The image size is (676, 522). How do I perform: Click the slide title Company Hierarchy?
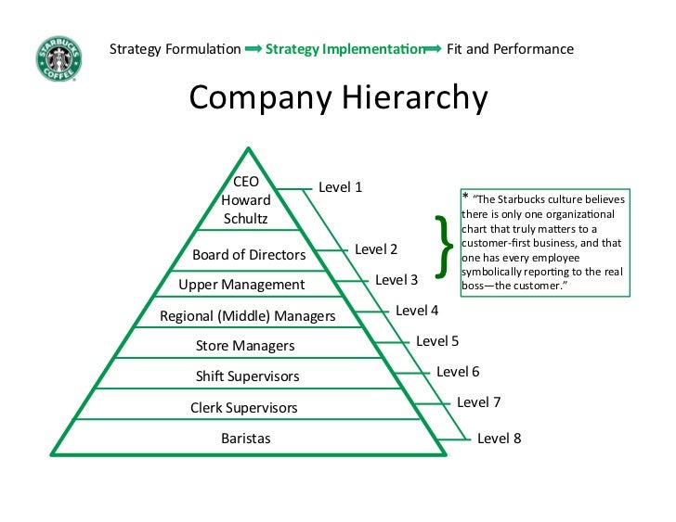click(x=338, y=98)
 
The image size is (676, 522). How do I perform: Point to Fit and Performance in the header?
click(x=510, y=48)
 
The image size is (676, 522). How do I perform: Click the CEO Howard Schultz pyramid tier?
click(x=246, y=200)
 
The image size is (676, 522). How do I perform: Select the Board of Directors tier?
click(x=249, y=254)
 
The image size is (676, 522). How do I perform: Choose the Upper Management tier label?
click(x=240, y=285)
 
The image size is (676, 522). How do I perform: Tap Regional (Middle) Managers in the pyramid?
click(x=247, y=316)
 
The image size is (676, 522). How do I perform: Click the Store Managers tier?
click(x=245, y=346)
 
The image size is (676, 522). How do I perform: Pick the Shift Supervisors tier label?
click(x=247, y=376)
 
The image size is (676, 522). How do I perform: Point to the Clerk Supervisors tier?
click(x=244, y=407)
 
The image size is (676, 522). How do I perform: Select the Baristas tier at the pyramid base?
click(x=246, y=438)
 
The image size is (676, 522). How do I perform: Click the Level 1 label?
click(x=341, y=187)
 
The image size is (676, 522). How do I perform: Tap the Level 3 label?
click(x=396, y=279)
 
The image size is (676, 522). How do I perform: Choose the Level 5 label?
click(x=437, y=340)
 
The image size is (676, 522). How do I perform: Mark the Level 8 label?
click(x=500, y=438)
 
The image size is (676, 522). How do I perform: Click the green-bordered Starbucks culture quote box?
click(x=544, y=243)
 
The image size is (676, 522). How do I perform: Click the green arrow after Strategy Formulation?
click(x=253, y=48)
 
